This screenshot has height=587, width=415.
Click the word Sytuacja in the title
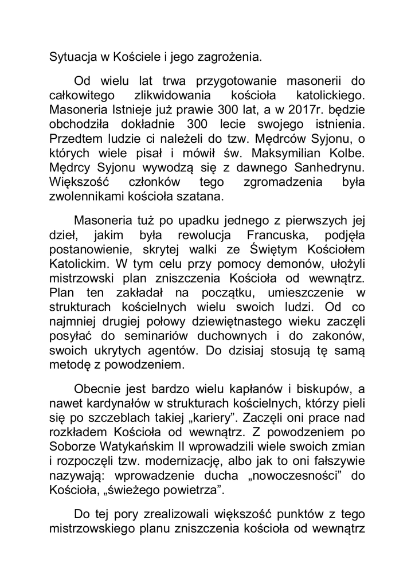pos(71,57)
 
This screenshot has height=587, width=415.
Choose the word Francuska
pos(263,237)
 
